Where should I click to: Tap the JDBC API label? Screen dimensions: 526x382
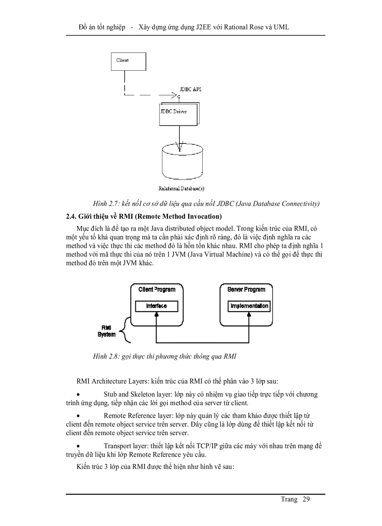(x=191, y=89)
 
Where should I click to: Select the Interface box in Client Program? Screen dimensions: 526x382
(x=156, y=306)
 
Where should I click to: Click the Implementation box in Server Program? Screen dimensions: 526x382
(x=249, y=306)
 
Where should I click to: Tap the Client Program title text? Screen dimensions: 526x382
(x=156, y=290)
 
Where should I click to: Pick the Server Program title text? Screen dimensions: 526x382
(x=246, y=290)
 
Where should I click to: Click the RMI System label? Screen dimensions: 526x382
(x=106, y=331)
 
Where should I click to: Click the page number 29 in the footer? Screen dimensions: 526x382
(x=306, y=499)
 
